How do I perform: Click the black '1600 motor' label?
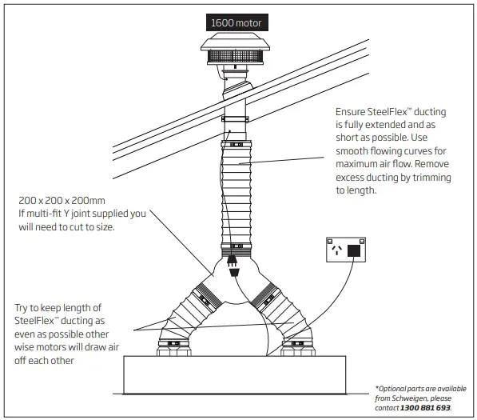tap(236, 23)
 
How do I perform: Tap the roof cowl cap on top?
tap(235, 43)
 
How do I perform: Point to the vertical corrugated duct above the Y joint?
tap(235, 192)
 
